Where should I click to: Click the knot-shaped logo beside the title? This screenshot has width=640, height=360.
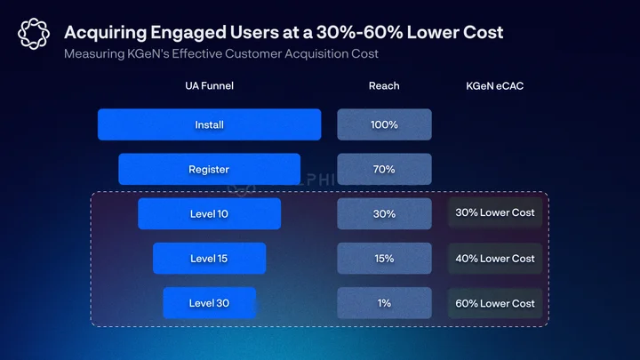[34, 34]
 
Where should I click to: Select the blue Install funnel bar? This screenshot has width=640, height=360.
[210, 124]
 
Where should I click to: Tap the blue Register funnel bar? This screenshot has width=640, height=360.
[210, 169]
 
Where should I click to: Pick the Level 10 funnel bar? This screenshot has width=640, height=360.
[210, 214]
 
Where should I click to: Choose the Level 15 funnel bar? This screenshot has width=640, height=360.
[210, 259]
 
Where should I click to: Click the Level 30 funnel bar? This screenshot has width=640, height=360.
[210, 303]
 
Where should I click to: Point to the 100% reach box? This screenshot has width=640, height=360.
[384, 124]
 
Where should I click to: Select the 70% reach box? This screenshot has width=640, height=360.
[384, 169]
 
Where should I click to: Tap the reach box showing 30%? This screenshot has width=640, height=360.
[384, 214]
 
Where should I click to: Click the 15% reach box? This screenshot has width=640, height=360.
[384, 259]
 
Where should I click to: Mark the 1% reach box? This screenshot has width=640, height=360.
[384, 303]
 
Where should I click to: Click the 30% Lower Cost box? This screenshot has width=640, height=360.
[495, 212]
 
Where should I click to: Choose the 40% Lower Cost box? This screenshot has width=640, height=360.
[495, 259]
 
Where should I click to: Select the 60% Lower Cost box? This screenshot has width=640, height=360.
[495, 303]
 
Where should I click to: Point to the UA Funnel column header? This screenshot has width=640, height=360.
[210, 85]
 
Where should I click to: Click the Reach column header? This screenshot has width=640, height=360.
[384, 85]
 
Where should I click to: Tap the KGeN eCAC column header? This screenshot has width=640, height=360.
[495, 85]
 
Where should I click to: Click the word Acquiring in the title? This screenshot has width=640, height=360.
[105, 33]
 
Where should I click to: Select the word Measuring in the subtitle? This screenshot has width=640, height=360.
[94, 54]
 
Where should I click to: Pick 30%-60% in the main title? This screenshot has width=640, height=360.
[360, 32]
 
